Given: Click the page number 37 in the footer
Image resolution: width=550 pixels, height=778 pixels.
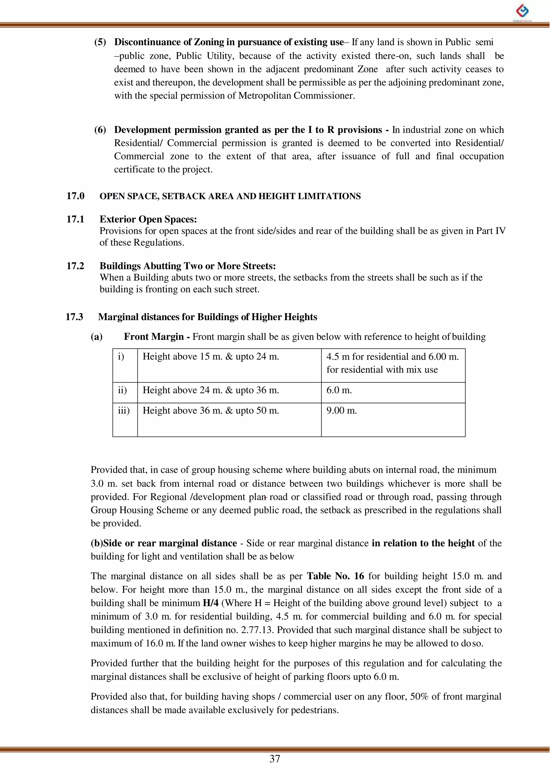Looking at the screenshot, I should tap(275, 759).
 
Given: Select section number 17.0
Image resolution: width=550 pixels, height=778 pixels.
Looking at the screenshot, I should tap(75, 196).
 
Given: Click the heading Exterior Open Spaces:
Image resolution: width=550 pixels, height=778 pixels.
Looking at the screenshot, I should tap(148, 219).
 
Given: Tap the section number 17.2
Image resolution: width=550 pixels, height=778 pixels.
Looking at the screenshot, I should tap(75, 266).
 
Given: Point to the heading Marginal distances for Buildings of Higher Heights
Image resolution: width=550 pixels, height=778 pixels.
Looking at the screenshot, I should tap(207, 317).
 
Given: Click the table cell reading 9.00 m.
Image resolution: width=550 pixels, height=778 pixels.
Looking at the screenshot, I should tap(341, 411).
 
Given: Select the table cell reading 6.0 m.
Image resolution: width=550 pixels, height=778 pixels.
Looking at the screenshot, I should tap(339, 390).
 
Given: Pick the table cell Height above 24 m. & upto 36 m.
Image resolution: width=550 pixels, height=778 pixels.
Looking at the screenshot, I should tap(210, 390).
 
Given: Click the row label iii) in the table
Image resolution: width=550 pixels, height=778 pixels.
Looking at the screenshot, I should tap(124, 411).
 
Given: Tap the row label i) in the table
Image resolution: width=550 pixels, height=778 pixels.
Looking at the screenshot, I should tap(121, 357).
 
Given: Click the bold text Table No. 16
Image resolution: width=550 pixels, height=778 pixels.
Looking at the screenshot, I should tap(335, 576).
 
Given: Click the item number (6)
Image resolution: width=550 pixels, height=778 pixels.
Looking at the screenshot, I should tap(100, 130).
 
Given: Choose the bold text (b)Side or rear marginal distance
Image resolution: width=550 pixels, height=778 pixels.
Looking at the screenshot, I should tap(164, 543).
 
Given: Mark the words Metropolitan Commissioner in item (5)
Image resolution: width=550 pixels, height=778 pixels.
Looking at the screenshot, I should tap(296, 96).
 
